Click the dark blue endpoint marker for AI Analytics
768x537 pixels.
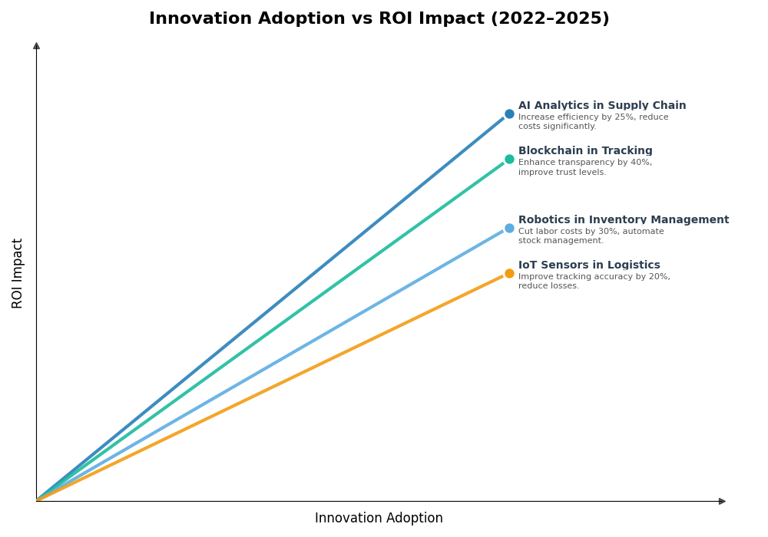pyautogui.click(x=509, y=114)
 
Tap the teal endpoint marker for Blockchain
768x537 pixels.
pyautogui.click(x=509, y=160)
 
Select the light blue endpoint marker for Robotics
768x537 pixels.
pyautogui.click(x=509, y=228)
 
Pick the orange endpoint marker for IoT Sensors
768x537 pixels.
pyautogui.click(x=509, y=274)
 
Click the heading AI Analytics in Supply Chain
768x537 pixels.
pyautogui.click(x=602, y=106)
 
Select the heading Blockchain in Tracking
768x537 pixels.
pyautogui.click(x=585, y=151)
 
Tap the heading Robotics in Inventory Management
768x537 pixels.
pyautogui.click(x=624, y=220)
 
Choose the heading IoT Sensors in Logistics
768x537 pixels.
pyautogui.click(x=589, y=265)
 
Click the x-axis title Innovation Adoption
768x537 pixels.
pyautogui.click(x=379, y=519)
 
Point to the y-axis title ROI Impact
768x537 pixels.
pyautogui.click(x=18, y=273)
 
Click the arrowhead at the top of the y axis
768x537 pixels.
pyautogui.click(x=36, y=46)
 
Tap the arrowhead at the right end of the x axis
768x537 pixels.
pyautogui.click(x=722, y=501)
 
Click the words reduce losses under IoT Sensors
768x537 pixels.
pyautogui.click(x=548, y=286)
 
